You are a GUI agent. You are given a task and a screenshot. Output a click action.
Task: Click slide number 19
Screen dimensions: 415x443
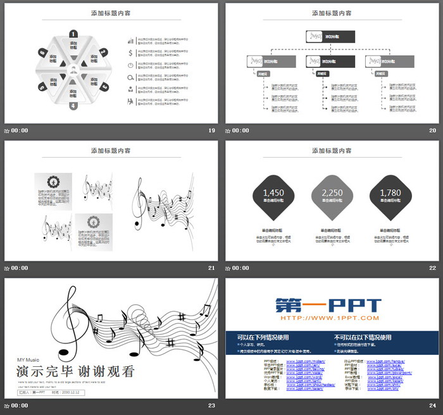tap(212, 131)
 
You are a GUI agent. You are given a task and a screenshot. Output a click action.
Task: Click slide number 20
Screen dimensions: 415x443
tap(433, 131)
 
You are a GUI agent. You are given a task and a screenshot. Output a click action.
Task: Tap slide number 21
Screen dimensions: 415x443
tap(212, 268)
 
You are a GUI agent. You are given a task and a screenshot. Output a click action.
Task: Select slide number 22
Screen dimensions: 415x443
tap(433, 268)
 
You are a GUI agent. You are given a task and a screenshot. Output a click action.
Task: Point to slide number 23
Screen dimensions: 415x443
tap(212, 405)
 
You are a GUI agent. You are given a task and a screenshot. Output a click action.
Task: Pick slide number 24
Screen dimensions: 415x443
tap(433, 405)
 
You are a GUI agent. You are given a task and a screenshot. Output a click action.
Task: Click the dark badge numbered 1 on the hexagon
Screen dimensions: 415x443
tap(73, 34)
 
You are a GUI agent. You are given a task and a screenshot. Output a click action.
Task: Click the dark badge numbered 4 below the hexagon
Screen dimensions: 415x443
tap(73, 106)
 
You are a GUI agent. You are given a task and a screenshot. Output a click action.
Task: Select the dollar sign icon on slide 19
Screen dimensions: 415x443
tap(130, 53)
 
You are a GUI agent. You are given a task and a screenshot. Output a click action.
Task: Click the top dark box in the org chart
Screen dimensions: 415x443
tap(330, 37)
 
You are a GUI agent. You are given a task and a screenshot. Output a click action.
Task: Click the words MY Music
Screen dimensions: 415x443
tap(28, 361)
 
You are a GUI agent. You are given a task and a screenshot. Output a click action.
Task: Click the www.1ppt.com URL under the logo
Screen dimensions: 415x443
tap(328, 318)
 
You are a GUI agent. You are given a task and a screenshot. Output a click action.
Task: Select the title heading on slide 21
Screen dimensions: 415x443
tap(111, 151)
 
